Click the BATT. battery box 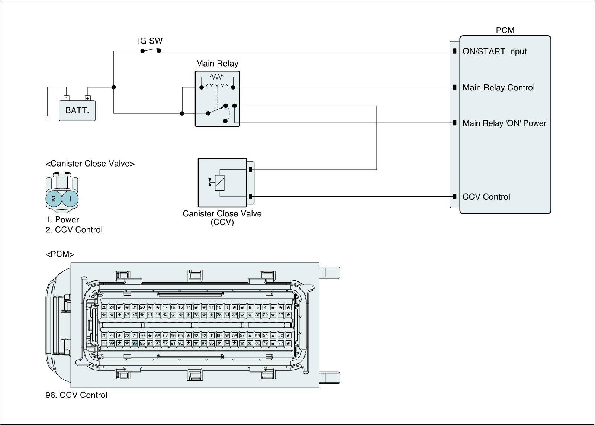pos(77,110)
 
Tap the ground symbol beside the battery pos(48,118)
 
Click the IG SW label pos(150,41)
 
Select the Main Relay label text pos(217,64)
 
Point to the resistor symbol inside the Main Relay pos(217,77)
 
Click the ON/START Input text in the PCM pos(495,51)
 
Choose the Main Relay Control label pos(499,88)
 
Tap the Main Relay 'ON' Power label pos(504,123)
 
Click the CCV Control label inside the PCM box pos(486,197)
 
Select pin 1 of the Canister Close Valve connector pos(70,199)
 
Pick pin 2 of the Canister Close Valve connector pos(54,199)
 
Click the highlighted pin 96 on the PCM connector pos(135,343)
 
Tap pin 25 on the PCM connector pos(104,307)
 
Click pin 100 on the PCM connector pos(104,343)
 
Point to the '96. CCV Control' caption pos(76,395)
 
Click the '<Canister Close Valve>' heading pos(90,164)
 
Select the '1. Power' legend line pos(62,220)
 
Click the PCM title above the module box pos(505,30)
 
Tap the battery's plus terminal pos(88,98)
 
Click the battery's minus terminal pos(66,98)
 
